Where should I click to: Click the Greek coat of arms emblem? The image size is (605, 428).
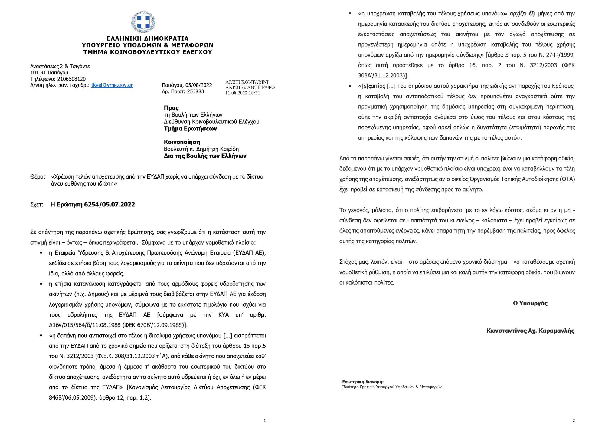tap(143, 22)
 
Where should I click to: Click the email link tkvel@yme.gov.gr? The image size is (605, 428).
tap(112, 85)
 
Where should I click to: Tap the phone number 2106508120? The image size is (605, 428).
tap(66, 79)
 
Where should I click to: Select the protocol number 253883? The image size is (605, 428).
tap(195, 91)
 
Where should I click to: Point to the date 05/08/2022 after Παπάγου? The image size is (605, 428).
tap(199, 85)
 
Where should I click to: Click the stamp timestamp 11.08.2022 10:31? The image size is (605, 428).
tap(243, 93)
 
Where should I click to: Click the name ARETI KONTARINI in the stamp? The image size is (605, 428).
tap(247, 82)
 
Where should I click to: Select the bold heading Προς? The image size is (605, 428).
tap(171, 108)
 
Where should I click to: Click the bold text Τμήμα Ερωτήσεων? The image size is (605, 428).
tap(190, 129)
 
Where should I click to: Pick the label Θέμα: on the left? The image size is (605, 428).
tap(38, 177)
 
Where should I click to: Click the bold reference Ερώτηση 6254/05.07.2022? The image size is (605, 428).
tap(96, 205)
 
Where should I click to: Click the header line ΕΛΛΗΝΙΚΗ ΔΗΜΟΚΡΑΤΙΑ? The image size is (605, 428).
tap(148, 38)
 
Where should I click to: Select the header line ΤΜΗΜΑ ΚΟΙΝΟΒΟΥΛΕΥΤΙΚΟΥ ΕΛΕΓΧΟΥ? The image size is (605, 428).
tap(148, 52)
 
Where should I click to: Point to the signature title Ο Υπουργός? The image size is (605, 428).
tap(530, 303)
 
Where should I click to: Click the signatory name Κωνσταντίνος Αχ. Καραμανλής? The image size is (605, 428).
tap(530, 331)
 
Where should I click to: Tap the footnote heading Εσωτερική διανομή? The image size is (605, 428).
tap(363, 382)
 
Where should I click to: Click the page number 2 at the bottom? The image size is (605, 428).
tap(574, 420)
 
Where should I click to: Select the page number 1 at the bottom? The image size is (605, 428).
tap(265, 420)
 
